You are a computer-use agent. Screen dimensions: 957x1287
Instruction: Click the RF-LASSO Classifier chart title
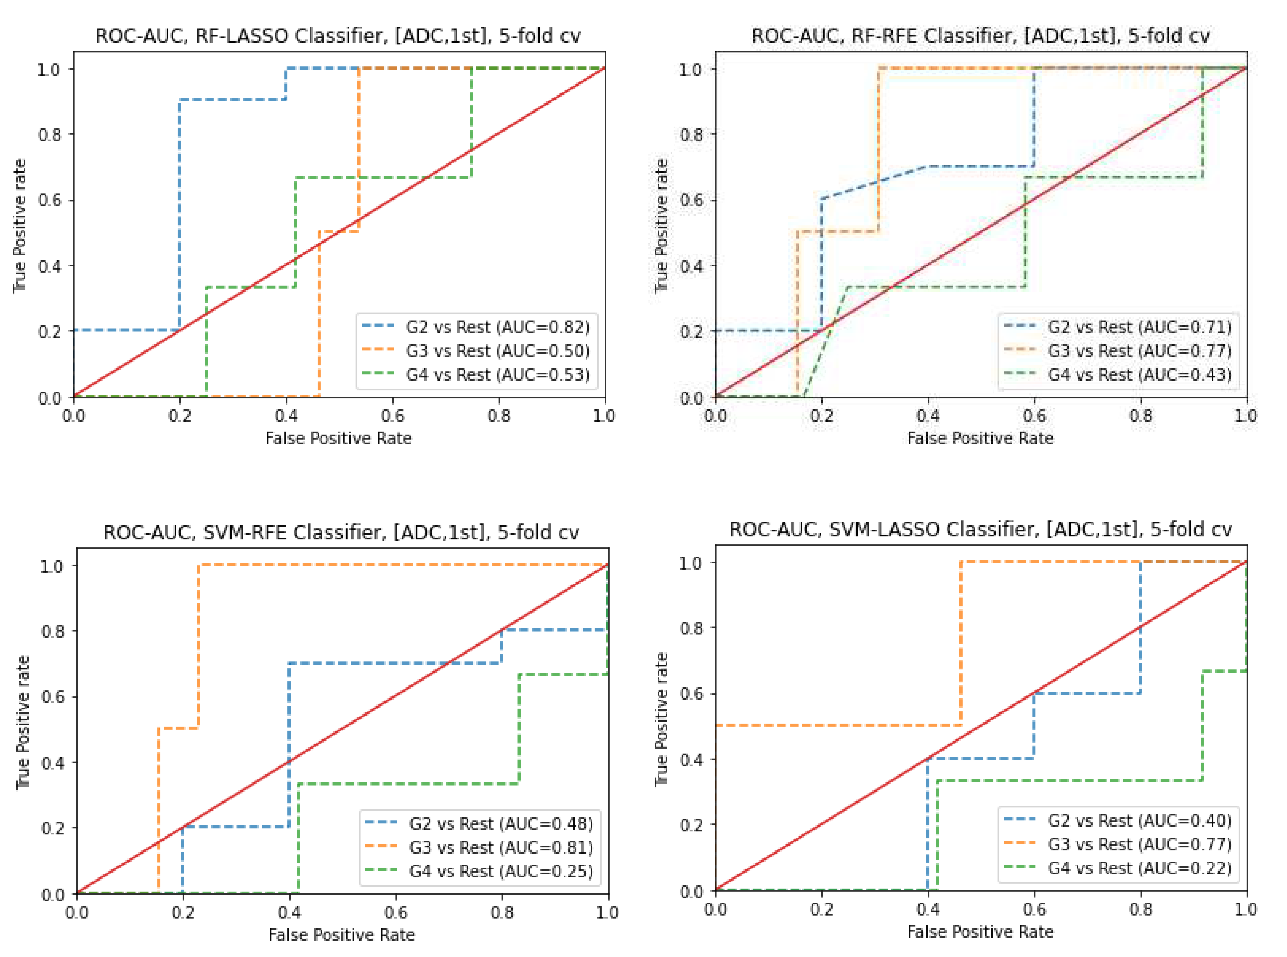click(x=338, y=36)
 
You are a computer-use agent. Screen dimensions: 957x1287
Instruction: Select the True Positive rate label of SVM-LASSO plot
click(x=661, y=719)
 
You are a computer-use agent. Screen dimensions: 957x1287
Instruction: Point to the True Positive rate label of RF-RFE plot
click(x=661, y=226)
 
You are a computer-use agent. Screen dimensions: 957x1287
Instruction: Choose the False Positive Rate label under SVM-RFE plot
click(x=341, y=935)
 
